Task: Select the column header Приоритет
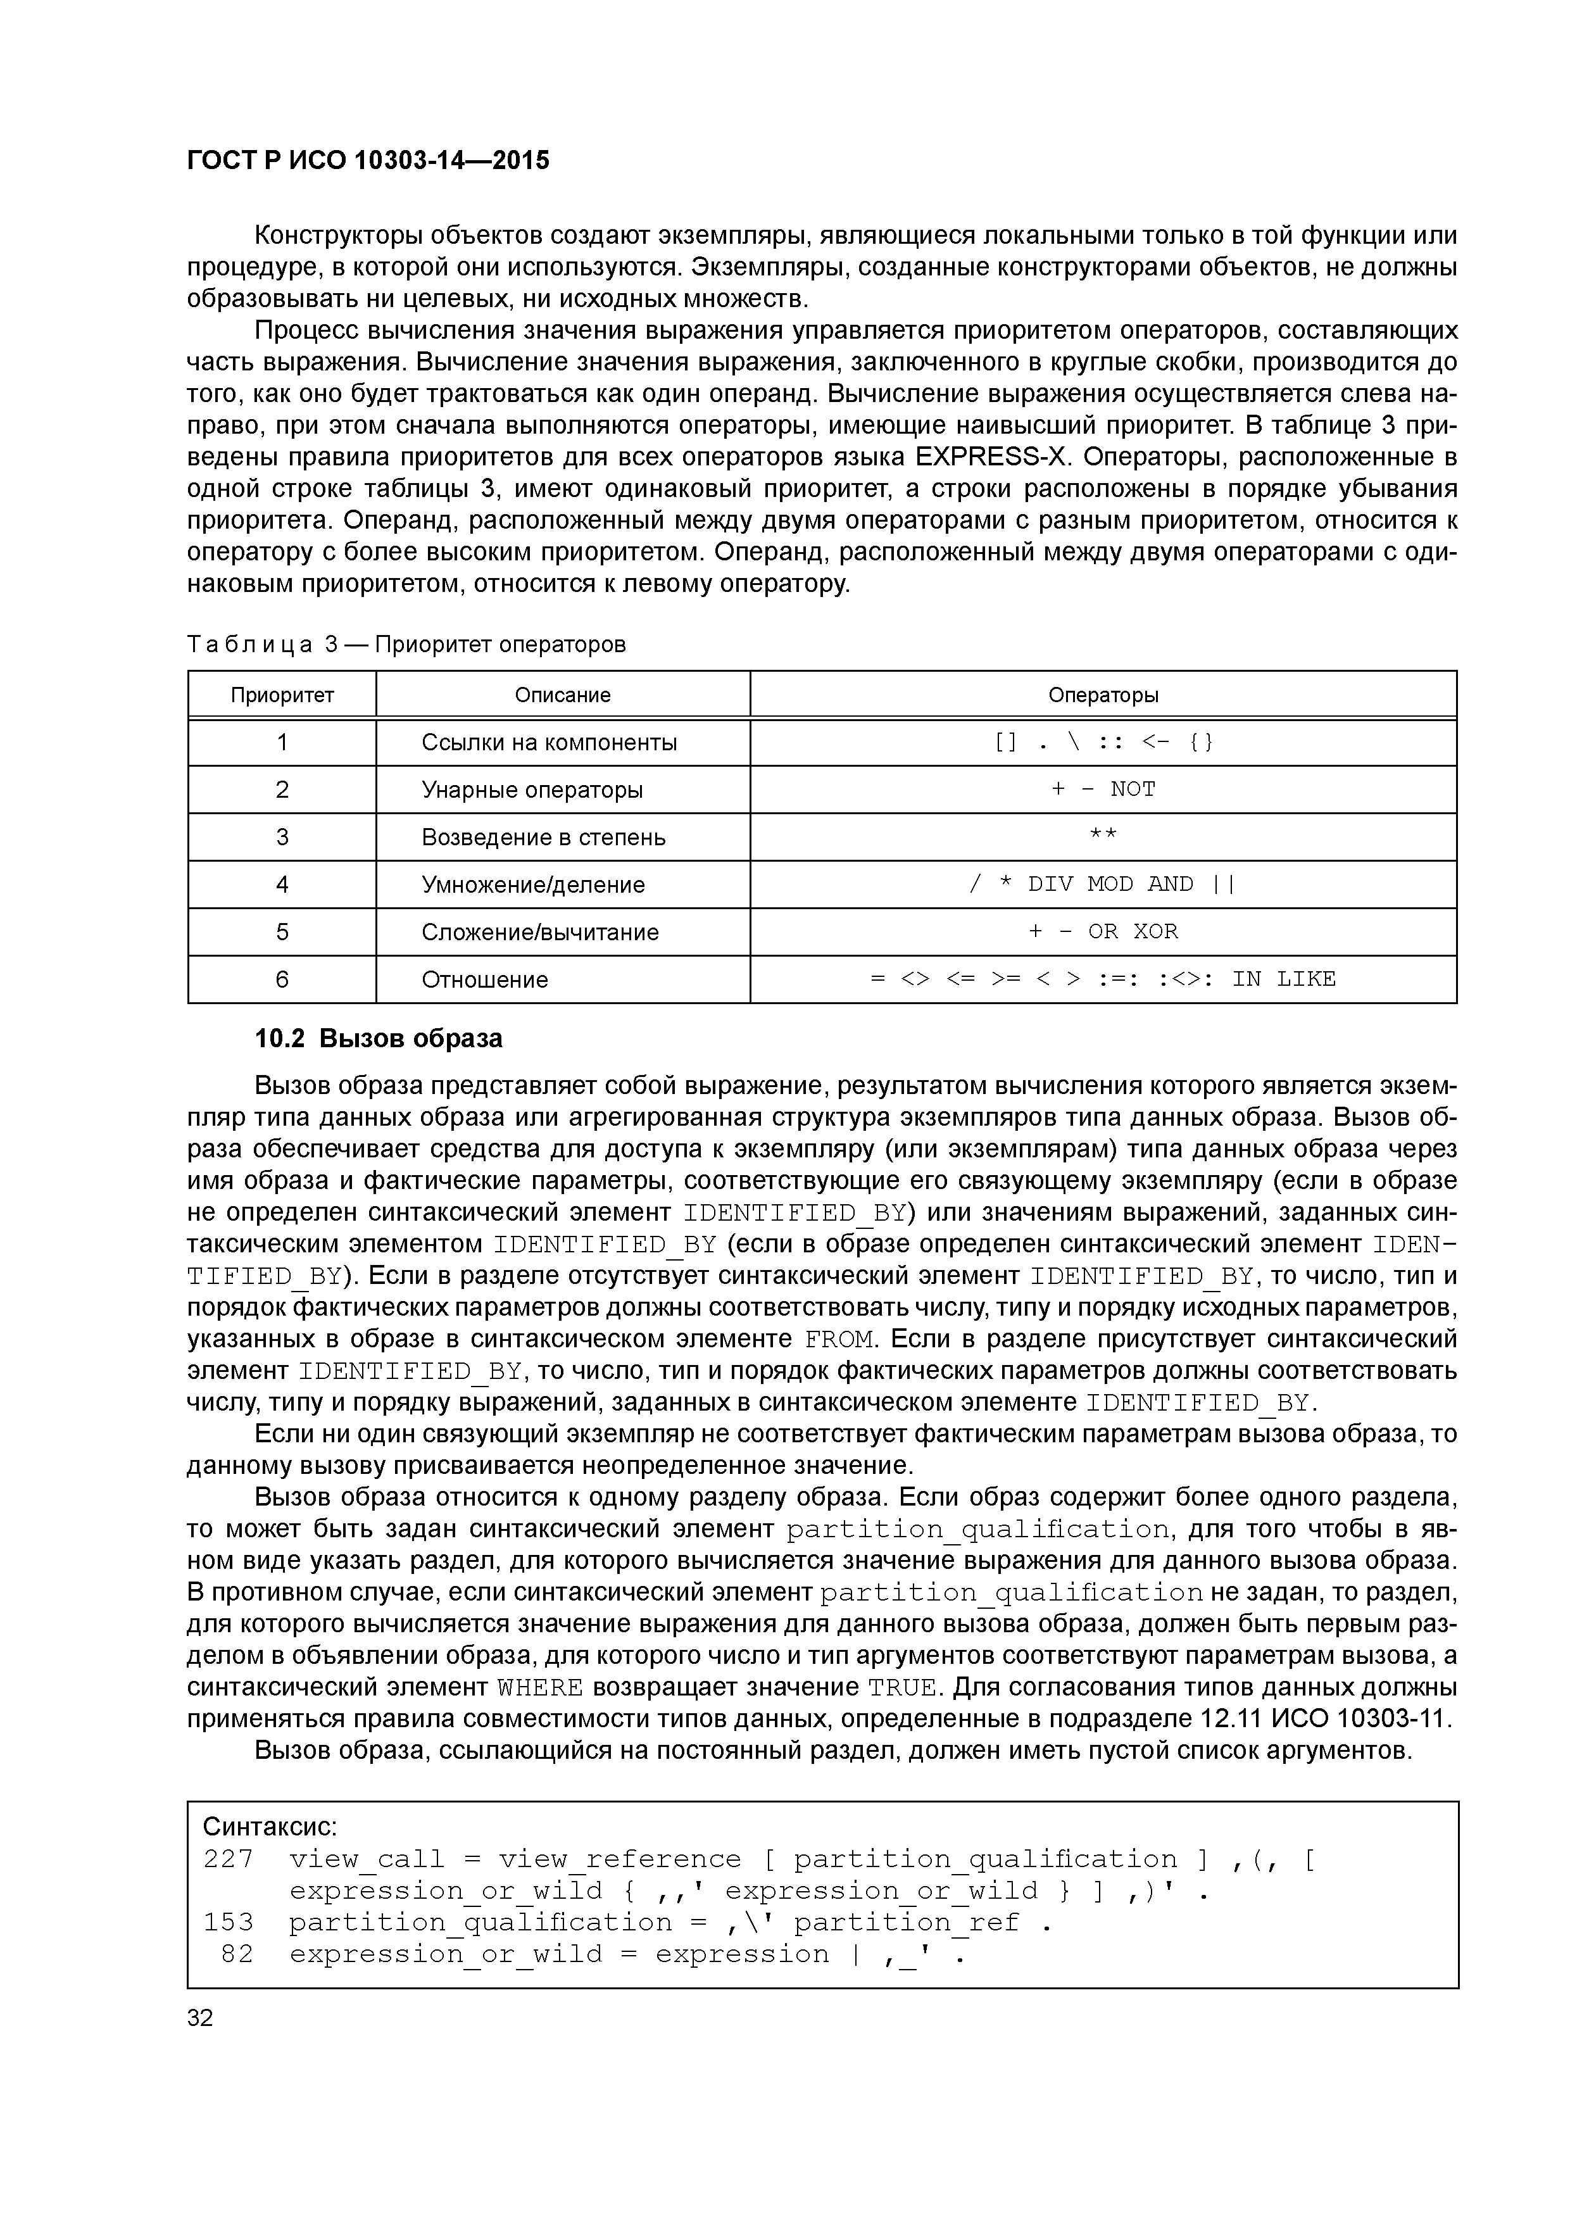point(282,695)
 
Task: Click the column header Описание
point(562,695)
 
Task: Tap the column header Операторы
point(1103,695)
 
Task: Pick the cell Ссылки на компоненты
point(548,742)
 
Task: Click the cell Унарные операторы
point(531,790)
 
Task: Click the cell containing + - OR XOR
point(1103,931)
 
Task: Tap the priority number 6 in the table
point(282,979)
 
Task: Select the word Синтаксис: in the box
point(270,1827)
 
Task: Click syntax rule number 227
point(229,1859)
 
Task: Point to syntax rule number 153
point(229,1922)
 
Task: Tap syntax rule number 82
point(237,1954)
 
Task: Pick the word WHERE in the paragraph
point(540,1688)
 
